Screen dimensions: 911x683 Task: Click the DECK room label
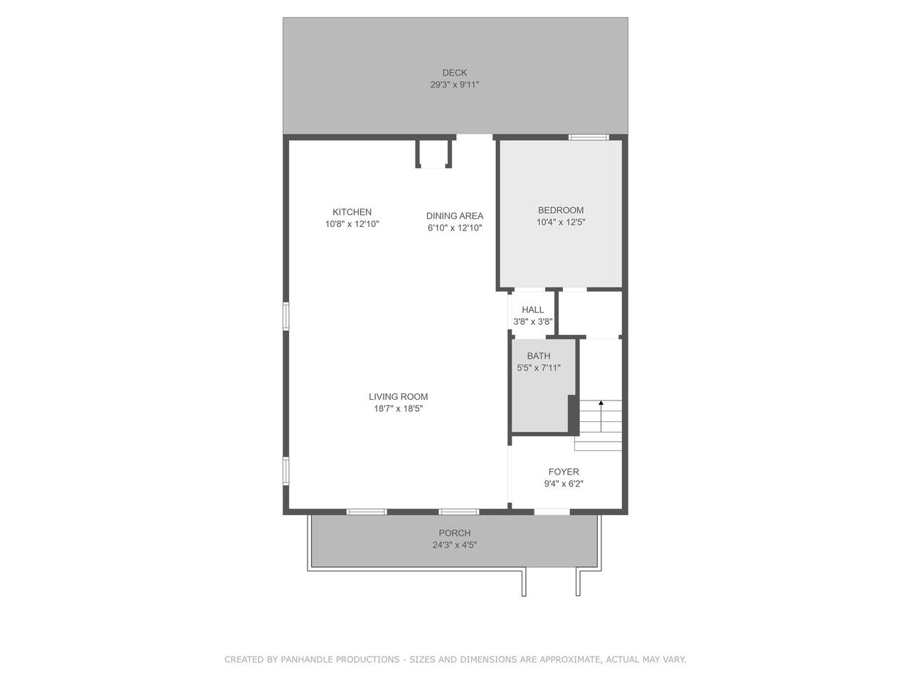pos(455,73)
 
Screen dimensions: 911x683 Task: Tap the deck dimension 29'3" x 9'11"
pos(455,85)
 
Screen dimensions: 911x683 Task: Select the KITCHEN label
pos(352,212)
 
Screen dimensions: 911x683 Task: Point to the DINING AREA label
pos(455,216)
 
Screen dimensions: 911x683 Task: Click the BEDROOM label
pos(561,211)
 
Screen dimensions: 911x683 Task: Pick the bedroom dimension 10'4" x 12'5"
pos(561,222)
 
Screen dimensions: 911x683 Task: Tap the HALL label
pos(533,309)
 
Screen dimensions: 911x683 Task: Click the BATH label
pos(539,356)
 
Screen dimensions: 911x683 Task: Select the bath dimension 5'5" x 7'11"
pos(539,368)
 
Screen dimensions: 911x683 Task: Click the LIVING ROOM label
pos(399,397)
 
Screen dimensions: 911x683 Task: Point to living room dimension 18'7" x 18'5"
pos(399,408)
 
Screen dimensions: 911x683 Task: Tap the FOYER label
pos(564,472)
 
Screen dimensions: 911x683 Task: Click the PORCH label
pos(455,533)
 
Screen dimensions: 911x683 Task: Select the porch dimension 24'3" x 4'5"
pos(455,545)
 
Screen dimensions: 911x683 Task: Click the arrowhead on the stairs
pos(601,403)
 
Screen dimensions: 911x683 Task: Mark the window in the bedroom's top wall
pos(589,137)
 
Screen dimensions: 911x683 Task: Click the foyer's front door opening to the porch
pos(552,512)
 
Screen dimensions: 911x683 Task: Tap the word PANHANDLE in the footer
pos(340,660)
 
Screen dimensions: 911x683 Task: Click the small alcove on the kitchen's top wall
pos(433,154)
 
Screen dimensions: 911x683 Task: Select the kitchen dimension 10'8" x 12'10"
pos(352,224)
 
